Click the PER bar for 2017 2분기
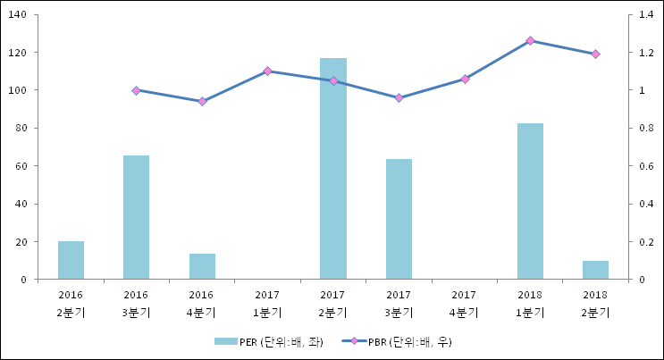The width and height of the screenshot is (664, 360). point(333,169)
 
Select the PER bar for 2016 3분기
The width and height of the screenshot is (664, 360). point(136,217)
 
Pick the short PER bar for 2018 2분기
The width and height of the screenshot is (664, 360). point(596,270)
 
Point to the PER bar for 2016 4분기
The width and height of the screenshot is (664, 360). point(202,266)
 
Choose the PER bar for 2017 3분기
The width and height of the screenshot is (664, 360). point(399,219)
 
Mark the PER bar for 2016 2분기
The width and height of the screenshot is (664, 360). point(71,260)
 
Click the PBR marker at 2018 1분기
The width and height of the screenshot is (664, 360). point(530,41)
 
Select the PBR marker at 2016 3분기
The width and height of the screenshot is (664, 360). point(136,90)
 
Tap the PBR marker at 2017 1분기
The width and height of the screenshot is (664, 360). point(267,71)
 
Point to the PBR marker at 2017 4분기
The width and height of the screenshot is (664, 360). point(465,79)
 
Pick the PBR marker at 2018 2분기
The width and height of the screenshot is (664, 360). point(596,54)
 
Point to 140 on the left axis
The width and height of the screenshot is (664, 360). point(19,14)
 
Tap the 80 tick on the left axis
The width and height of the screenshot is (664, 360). point(21,128)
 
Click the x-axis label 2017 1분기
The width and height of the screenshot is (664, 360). point(267,304)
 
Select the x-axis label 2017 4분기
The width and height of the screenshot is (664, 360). point(465,304)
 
